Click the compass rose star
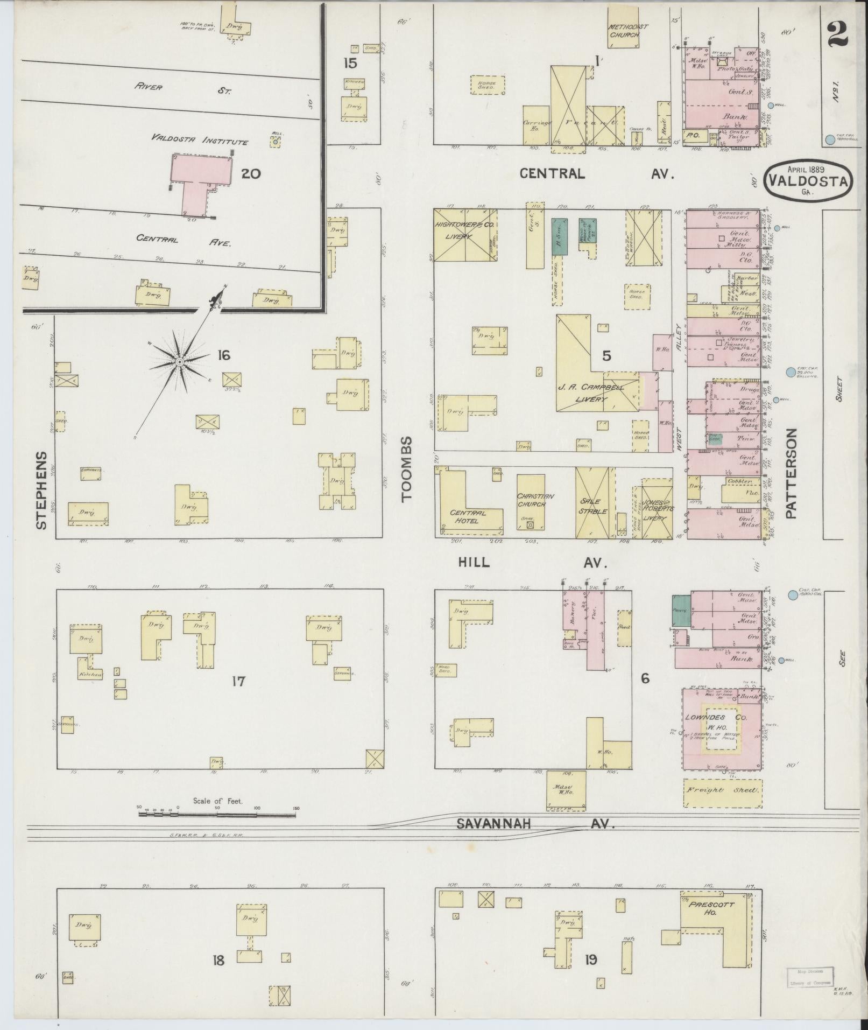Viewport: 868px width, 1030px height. point(180,361)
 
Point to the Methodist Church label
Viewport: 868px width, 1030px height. point(629,31)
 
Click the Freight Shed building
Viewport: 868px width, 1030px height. point(723,790)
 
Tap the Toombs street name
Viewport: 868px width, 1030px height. point(407,469)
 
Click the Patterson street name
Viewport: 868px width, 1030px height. point(791,473)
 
